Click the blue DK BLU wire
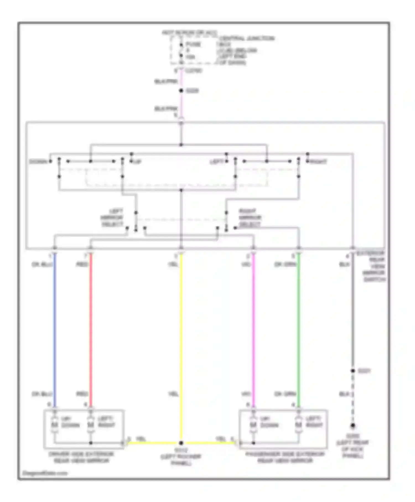pos(55,329)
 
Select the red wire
pos(91,329)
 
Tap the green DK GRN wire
pos(299,329)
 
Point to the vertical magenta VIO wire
pos(253,329)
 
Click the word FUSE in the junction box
pos(193,44)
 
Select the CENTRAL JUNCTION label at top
pos(246,38)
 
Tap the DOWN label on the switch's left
pos(38,162)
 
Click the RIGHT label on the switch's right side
pos(318,162)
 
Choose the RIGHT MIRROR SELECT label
pos(250,218)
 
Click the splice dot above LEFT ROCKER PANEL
pos(181,443)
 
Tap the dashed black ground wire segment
pos(353,399)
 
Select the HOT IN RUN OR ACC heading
pos(189,33)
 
